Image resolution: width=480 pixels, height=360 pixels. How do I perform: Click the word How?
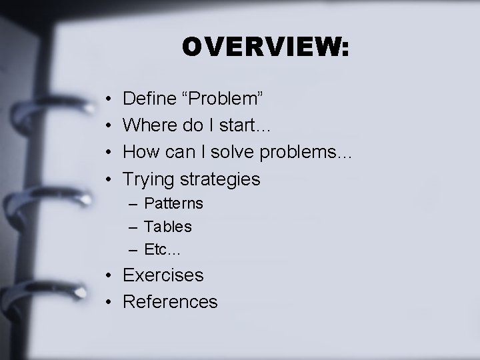[141, 152]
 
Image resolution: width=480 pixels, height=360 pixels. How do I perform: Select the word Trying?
[147, 179]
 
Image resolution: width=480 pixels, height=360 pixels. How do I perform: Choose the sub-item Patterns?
[174, 203]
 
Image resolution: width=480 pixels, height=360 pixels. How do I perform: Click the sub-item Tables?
[168, 227]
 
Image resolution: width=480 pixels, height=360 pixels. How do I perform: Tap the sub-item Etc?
[162, 251]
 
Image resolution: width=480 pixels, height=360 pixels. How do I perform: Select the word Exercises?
[163, 275]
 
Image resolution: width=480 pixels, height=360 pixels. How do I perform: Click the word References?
[171, 302]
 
